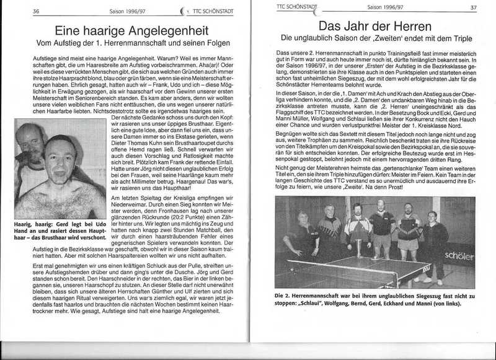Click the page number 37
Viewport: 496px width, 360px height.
pyautogui.click(x=473, y=8)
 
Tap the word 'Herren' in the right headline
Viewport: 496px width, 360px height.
pyautogui.click(x=408, y=26)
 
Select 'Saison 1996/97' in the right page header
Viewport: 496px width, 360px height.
pyautogui.click(x=383, y=7)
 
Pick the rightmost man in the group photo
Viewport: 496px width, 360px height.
pyautogui.click(x=433, y=239)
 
